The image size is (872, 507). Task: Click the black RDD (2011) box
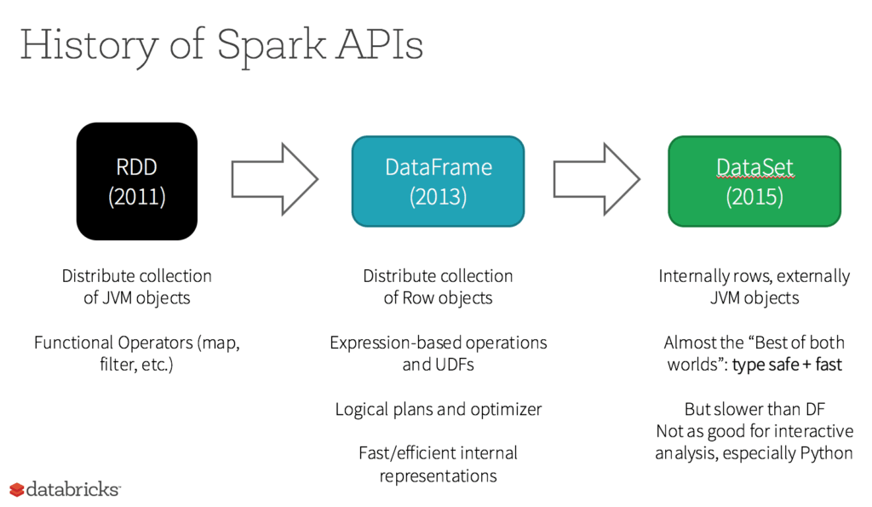click(137, 181)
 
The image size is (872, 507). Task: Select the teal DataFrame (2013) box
click(438, 181)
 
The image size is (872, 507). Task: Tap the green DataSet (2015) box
click(754, 181)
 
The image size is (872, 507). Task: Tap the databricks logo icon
click(16, 489)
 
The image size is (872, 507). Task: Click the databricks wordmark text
click(73, 489)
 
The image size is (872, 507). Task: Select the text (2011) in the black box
click(137, 197)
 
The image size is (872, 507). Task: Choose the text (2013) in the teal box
click(438, 197)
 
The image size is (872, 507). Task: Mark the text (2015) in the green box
click(754, 197)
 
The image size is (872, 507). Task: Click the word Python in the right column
click(826, 453)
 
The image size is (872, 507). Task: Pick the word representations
click(438, 475)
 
